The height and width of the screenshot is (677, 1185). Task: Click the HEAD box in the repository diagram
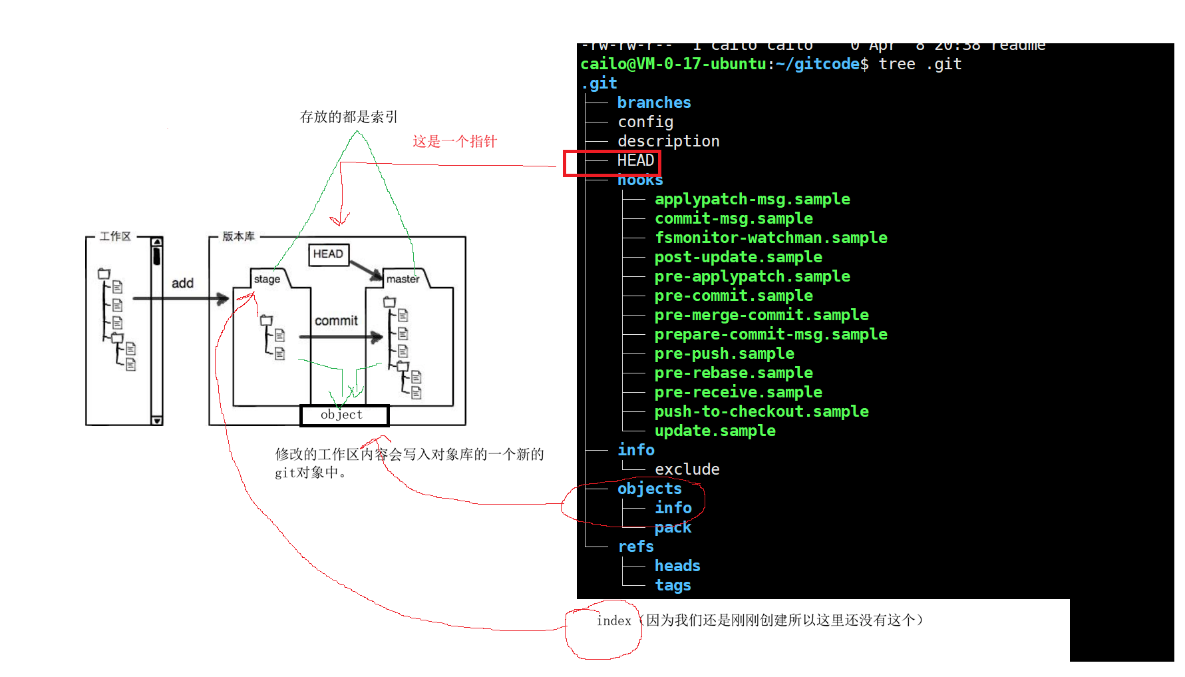tap(328, 254)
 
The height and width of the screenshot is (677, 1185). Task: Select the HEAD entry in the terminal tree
tap(635, 160)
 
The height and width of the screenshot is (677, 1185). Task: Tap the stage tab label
tap(267, 279)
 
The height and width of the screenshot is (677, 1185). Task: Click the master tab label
tap(403, 279)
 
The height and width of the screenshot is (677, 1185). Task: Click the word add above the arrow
tap(182, 283)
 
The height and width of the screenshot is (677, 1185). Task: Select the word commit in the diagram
tap(336, 321)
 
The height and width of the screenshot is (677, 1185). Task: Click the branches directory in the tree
tap(654, 103)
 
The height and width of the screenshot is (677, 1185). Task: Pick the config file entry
tap(645, 122)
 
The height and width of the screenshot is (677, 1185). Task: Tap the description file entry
tap(668, 141)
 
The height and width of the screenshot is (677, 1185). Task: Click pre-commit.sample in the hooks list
tap(733, 296)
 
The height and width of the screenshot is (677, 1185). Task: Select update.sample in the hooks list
tap(715, 431)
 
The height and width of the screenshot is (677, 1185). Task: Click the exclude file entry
tap(687, 469)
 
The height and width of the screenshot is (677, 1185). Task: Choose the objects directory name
tap(649, 489)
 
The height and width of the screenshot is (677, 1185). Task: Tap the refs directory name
tap(635, 547)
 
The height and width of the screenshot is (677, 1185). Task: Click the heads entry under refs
tap(677, 566)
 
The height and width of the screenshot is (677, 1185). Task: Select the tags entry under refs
tap(673, 585)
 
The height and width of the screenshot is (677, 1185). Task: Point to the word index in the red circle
tap(613, 621)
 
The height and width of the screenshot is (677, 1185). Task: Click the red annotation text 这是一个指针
tap(454, 141)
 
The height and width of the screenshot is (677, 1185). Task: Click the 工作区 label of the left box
tap(115, 236)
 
